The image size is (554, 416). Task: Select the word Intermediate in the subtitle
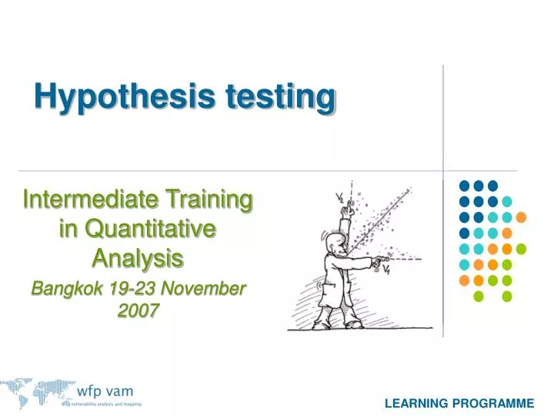pos(85,201)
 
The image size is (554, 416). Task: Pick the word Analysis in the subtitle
pos(138,257)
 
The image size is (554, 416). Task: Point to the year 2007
pos(139,310)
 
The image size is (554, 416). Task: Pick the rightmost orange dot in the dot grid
pos(521,216)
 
